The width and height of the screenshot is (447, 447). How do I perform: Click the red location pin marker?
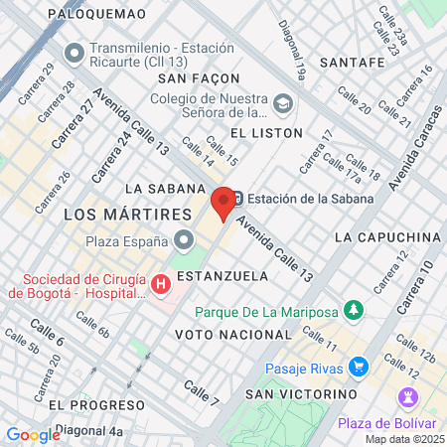[223, 204]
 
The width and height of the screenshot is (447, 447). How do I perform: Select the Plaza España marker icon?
[184, 240]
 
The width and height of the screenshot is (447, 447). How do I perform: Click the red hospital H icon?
[161, 285]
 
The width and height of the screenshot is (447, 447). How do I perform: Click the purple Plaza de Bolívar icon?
[407, 399]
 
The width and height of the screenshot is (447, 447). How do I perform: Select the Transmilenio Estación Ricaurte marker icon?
[73, 51]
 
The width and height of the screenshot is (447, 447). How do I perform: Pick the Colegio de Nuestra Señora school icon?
[282, 102]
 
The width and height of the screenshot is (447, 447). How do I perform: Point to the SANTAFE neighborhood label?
[353, 62]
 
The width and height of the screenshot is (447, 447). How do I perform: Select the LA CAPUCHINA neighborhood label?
[387, 237]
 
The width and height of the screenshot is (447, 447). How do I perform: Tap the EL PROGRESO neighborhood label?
[96, 404]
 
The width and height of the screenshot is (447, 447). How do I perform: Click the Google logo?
[33, 434]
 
